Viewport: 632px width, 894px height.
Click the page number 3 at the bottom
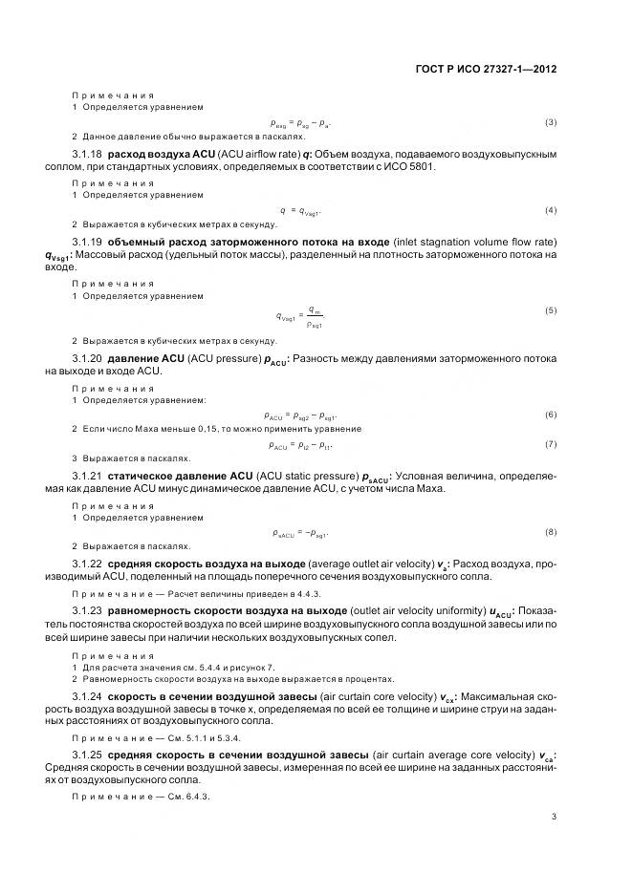(555, 815)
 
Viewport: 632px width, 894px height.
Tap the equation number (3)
(551, 122)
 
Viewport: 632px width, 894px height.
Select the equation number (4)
(551, 209)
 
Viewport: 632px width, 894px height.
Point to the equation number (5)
(551, 310)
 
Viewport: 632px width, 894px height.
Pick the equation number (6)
(551, 414)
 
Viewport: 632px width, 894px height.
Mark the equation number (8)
(551, 531)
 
